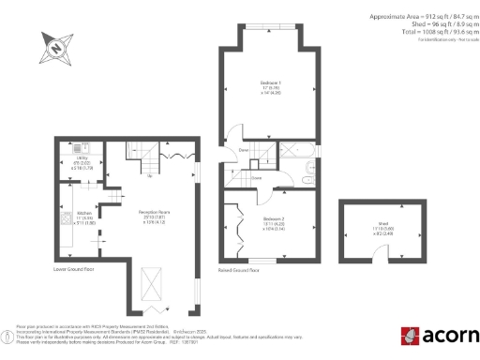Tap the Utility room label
tap(81, 166)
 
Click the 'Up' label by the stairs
tap(151, 173)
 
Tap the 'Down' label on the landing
tap(243, 150)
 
